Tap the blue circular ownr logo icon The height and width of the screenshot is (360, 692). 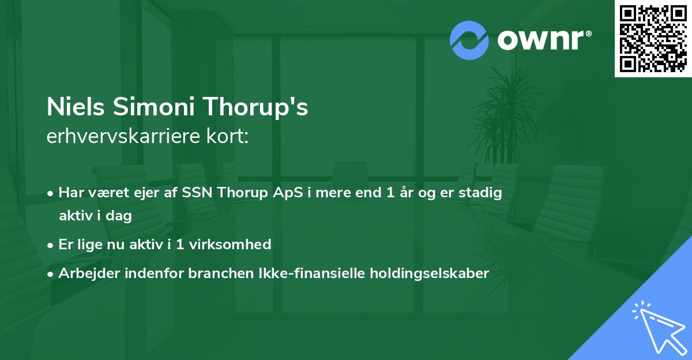tap(469, 40)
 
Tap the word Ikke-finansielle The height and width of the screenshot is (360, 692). tap(294, 273)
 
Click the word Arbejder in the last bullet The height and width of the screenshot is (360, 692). tap(85, 273)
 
